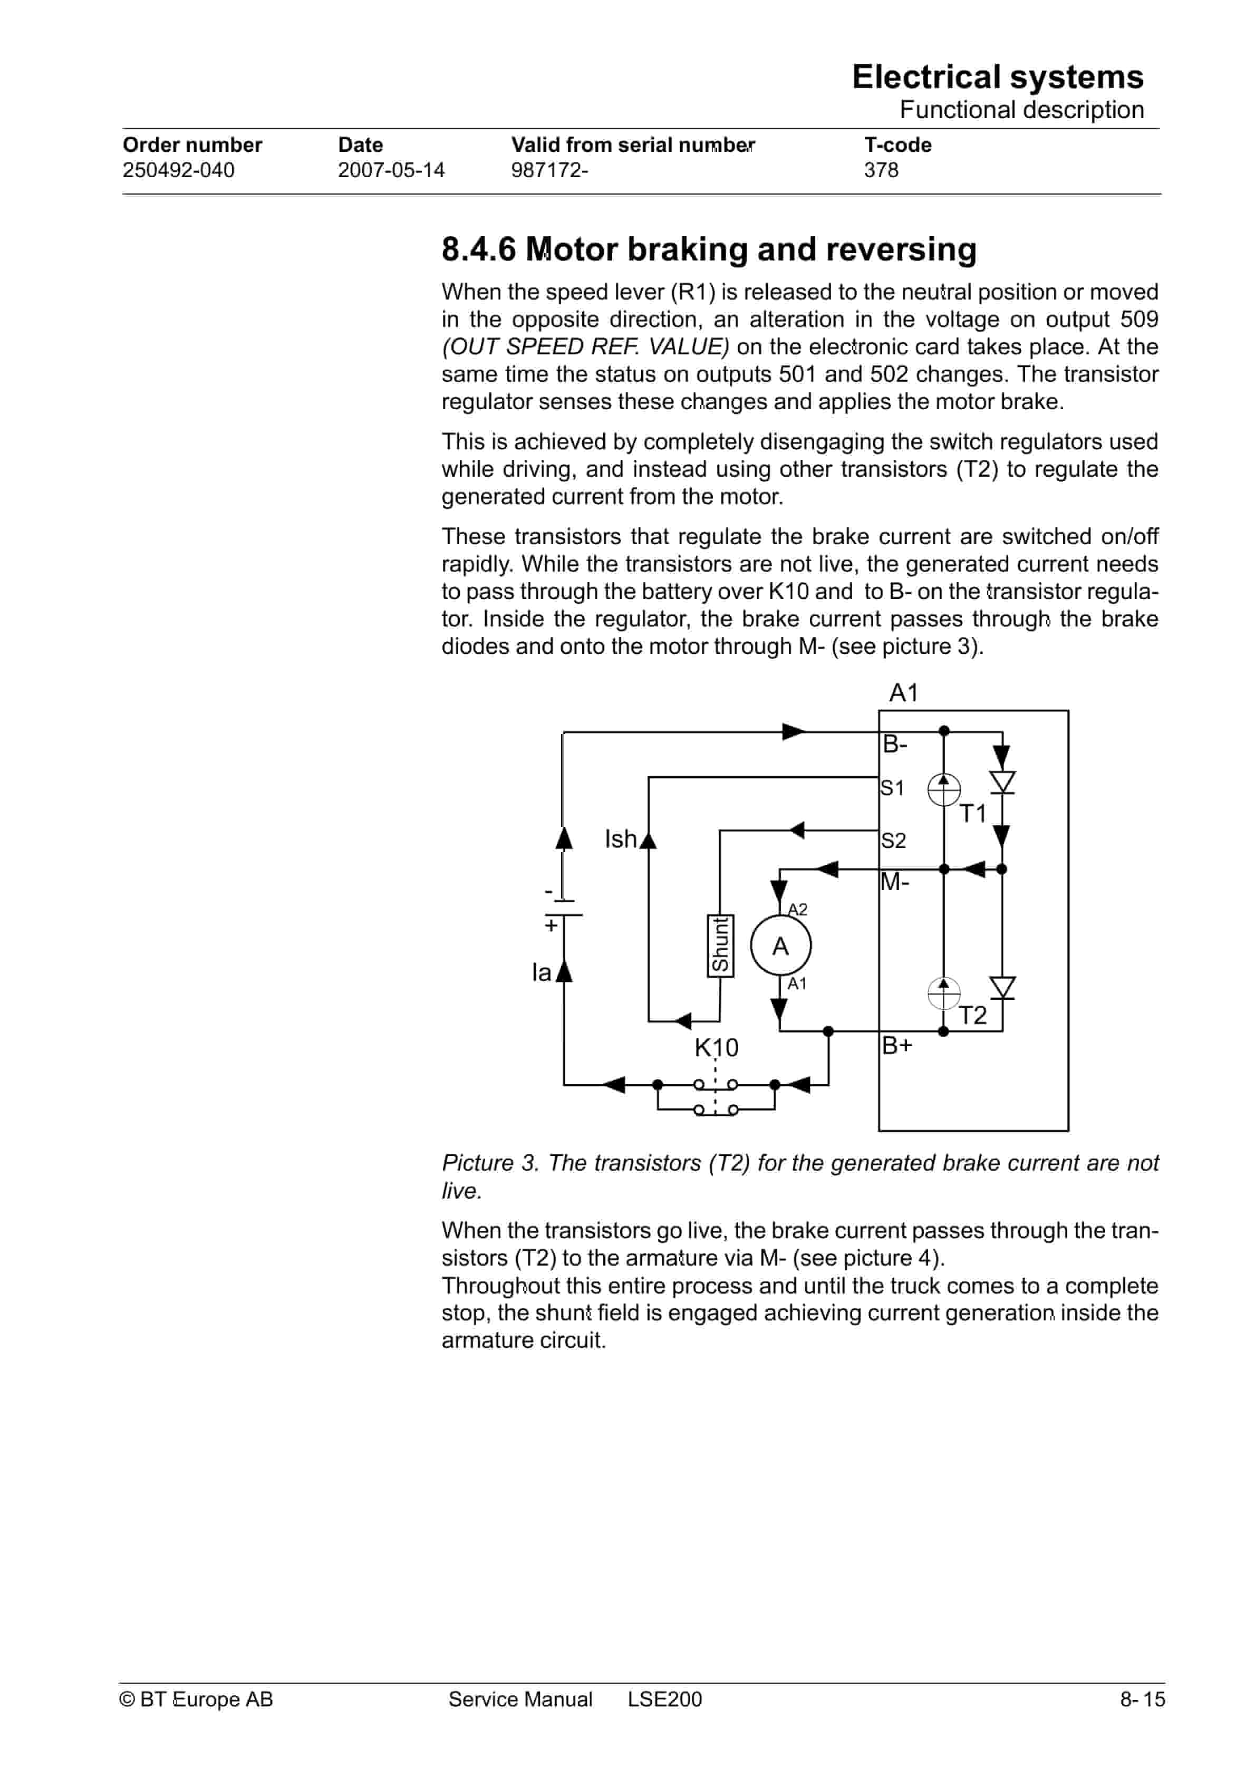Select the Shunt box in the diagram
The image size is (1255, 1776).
[720, 945]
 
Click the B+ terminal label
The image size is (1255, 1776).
[897, 1045]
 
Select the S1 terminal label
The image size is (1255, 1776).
[892, 788]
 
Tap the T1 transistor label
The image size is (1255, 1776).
[972, 814]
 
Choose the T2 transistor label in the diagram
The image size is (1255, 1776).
[972, 1015]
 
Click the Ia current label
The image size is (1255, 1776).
[541, 972]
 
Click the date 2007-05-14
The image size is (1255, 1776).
[391, 170]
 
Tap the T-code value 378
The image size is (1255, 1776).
[881, 170]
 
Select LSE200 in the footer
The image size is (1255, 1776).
[664, 1700]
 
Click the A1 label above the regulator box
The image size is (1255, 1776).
[903, 692]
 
